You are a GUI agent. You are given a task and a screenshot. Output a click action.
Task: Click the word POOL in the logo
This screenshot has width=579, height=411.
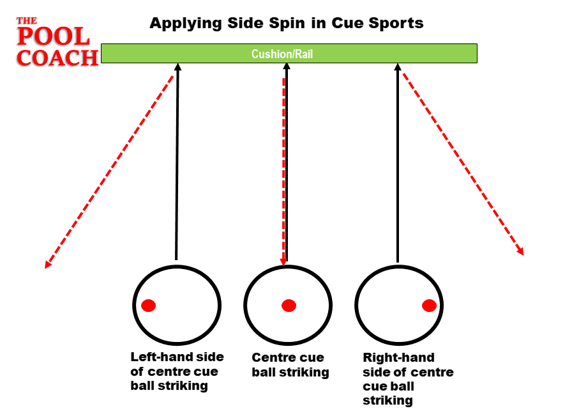pos(54,36)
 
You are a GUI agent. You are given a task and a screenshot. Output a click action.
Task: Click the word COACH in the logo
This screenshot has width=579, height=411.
pos(57,57)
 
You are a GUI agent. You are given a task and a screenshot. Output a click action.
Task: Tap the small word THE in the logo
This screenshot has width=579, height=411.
pos(27,20)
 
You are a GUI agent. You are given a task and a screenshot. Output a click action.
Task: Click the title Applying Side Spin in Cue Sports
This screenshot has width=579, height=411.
pos(286,24)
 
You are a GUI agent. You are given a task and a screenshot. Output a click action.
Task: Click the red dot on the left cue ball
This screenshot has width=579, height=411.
pos(149,306)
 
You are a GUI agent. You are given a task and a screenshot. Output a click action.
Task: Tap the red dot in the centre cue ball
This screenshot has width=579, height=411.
pos(289,306)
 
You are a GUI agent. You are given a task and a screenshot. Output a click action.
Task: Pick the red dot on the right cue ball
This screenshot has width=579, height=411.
pos(429,306)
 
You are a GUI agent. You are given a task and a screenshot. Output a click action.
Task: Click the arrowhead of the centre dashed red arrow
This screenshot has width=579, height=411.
pos(283,261)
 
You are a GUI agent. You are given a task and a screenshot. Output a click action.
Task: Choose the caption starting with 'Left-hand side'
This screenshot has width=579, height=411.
pos(174,371)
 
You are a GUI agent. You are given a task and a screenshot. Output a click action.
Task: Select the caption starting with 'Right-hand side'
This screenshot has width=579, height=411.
pos(407,378)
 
